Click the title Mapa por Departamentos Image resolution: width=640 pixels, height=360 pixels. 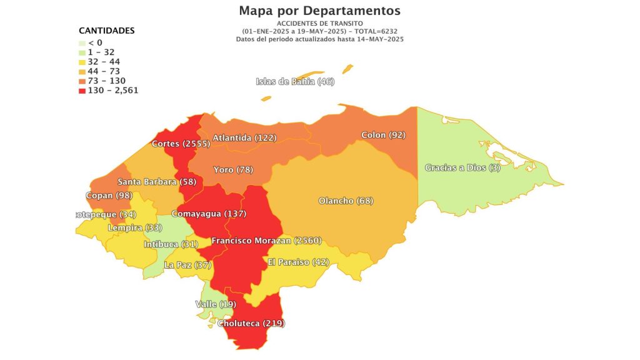[319, 11]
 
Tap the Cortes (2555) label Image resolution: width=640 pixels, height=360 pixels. [181, 144]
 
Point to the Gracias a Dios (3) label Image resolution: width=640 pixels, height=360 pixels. [462, 167]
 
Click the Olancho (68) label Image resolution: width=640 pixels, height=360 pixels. [345, 201]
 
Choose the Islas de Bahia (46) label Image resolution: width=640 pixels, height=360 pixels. [295, 82]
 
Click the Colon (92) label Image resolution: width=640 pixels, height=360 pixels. [384, 135]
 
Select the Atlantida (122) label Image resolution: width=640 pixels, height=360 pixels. [245, 137]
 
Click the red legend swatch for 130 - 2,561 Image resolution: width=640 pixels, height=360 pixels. [82, 90]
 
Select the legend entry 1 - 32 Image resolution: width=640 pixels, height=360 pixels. [101, 52]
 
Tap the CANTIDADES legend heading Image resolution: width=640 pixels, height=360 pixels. [106, 31]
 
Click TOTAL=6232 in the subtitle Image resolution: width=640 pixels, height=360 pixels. [379, 31]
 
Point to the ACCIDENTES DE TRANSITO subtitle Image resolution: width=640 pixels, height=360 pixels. [319, 23]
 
